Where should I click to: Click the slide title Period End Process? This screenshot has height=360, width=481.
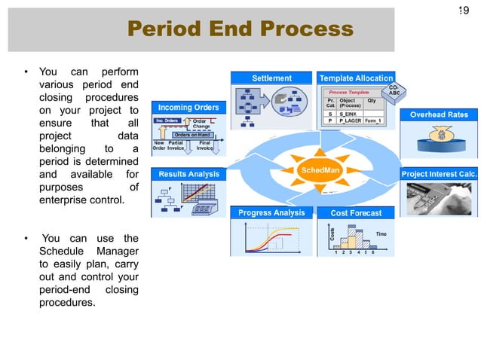[240, 29]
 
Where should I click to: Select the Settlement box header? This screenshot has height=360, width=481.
[271, 78]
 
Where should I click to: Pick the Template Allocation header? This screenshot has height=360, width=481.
[356, 78]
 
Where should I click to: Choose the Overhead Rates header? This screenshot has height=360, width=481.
[439, 115]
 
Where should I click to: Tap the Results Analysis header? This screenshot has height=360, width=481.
[188, 174]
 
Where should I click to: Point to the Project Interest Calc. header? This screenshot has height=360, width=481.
[439, 174]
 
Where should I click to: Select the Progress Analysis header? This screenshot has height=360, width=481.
[271, 212]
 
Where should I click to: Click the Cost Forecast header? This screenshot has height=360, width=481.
[356, 213]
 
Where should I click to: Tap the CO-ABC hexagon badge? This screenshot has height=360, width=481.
[394, 92]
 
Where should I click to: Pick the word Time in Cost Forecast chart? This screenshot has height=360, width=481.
[381, 234]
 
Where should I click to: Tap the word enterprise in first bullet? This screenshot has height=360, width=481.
[66, 201]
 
